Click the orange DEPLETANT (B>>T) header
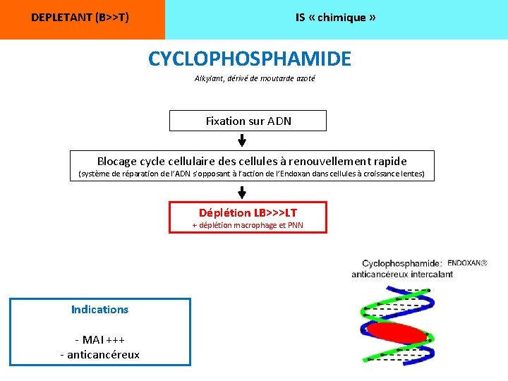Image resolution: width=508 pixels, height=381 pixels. click(80, 18)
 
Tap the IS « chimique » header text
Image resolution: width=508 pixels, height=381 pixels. click(335, 18)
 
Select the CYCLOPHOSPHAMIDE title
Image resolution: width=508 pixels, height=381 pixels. click(249, 59)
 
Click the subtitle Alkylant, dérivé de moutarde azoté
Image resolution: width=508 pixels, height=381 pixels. click(255, 78)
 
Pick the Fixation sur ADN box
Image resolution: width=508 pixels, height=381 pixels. click(248, 121)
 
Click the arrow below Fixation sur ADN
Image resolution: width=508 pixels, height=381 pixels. click(242, 140)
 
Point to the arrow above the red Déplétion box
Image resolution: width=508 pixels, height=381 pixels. click(242, 191)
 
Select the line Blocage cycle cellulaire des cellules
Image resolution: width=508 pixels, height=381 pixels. click(252, 161)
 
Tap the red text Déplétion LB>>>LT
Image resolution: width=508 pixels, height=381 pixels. click(248, 212)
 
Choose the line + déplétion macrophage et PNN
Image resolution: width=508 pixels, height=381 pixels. click(248, 225)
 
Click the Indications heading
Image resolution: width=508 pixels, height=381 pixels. click(99, 309)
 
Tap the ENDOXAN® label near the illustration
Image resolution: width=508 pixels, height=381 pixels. click(467, 262)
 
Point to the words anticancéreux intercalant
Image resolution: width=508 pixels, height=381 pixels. click(402, 274)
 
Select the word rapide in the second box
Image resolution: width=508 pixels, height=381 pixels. click(388, 161)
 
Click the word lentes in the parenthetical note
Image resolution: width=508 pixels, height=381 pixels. click(413, 174)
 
